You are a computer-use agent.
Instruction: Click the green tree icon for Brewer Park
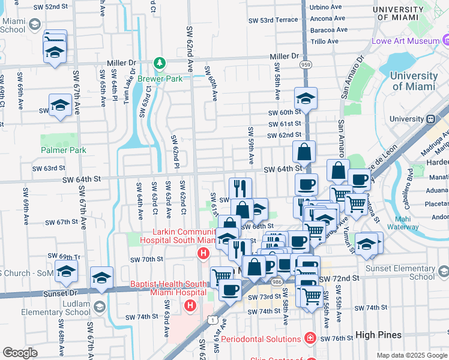159,63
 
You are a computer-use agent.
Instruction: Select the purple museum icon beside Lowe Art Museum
445,40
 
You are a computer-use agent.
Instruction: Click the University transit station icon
430,119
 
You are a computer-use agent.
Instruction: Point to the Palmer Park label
64,150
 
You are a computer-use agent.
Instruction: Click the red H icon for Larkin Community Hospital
203,254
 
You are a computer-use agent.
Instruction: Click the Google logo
20,353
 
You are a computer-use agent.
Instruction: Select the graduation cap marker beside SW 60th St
306,99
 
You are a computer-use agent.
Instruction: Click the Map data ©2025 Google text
411,355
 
